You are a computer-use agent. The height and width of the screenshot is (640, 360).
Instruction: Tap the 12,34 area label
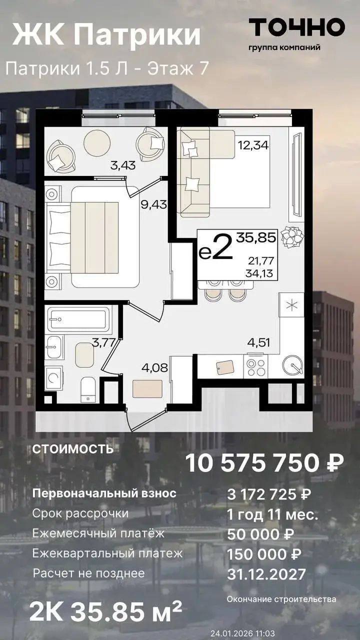point(253,145)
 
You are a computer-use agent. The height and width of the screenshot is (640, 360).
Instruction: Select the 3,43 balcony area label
point(123,165)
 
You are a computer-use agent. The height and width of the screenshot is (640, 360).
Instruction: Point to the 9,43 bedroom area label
point(153,204)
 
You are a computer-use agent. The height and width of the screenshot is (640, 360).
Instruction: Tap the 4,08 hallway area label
point(154,367)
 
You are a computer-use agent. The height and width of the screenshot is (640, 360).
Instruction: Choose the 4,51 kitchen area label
point(258,342)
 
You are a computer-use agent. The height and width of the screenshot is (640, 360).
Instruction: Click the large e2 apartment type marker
point(215,247)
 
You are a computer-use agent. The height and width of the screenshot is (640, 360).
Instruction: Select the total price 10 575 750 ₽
point(264,463)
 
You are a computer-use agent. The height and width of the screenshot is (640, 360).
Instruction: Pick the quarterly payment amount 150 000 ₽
point(263,554)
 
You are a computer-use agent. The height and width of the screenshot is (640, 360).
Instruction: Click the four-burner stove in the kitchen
point(255,366)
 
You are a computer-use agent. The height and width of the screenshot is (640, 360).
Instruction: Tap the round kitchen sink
point(292,365)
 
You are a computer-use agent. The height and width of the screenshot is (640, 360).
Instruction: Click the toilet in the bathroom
point(87,389)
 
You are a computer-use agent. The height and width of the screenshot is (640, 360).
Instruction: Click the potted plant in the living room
point(292,237)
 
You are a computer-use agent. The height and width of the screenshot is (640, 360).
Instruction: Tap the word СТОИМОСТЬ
point(73,449)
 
